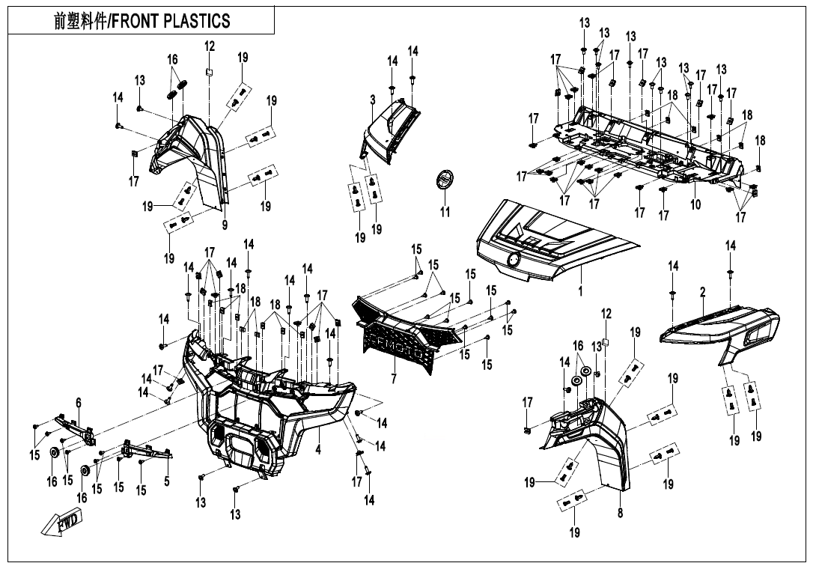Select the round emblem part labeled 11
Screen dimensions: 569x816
tap(445, 182)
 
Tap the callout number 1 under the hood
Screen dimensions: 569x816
tap(579, 289)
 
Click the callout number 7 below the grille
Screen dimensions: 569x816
tap(394, 379)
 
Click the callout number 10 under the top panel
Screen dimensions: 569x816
tap(695, 204)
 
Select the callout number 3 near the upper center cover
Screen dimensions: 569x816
tap(372, 100)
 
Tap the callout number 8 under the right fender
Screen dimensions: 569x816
tap(621, 514)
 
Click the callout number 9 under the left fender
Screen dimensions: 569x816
tap(225, 225)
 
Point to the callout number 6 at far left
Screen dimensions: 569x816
tap(78, 404)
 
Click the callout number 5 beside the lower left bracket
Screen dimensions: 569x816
tap(167, 482)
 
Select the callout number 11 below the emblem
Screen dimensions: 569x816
tap(445, 213)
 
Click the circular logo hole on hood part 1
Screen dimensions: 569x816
tap(514, 260)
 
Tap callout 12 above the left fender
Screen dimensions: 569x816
tap(210, 46)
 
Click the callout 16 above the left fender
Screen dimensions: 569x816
tap(172, 59)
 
